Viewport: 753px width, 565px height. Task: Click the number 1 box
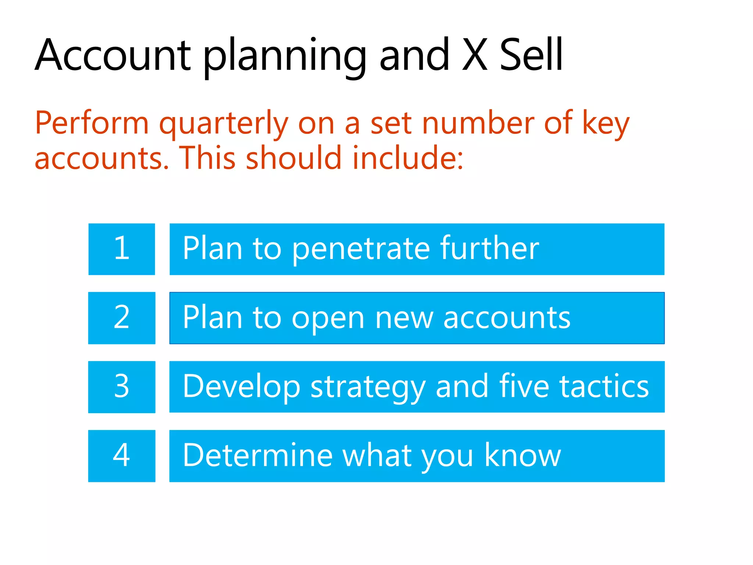click(122, 249)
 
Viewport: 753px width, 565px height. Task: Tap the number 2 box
click(122, 318)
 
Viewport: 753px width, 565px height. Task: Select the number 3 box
click(122, 387)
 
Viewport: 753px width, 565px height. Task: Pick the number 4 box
click(122, 456)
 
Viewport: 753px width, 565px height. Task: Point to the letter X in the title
click(475, 55)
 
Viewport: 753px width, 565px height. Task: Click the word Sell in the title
click(531, 55)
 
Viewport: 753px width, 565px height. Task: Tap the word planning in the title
click(285, 57)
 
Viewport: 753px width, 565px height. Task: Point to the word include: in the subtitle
click(408, 158)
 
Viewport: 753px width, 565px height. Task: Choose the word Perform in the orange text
click(92, 123)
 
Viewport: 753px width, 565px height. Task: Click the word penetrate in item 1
click(361, 249)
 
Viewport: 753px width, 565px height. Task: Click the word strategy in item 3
click(368, 387)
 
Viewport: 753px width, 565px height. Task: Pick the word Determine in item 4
click(258, 455)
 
